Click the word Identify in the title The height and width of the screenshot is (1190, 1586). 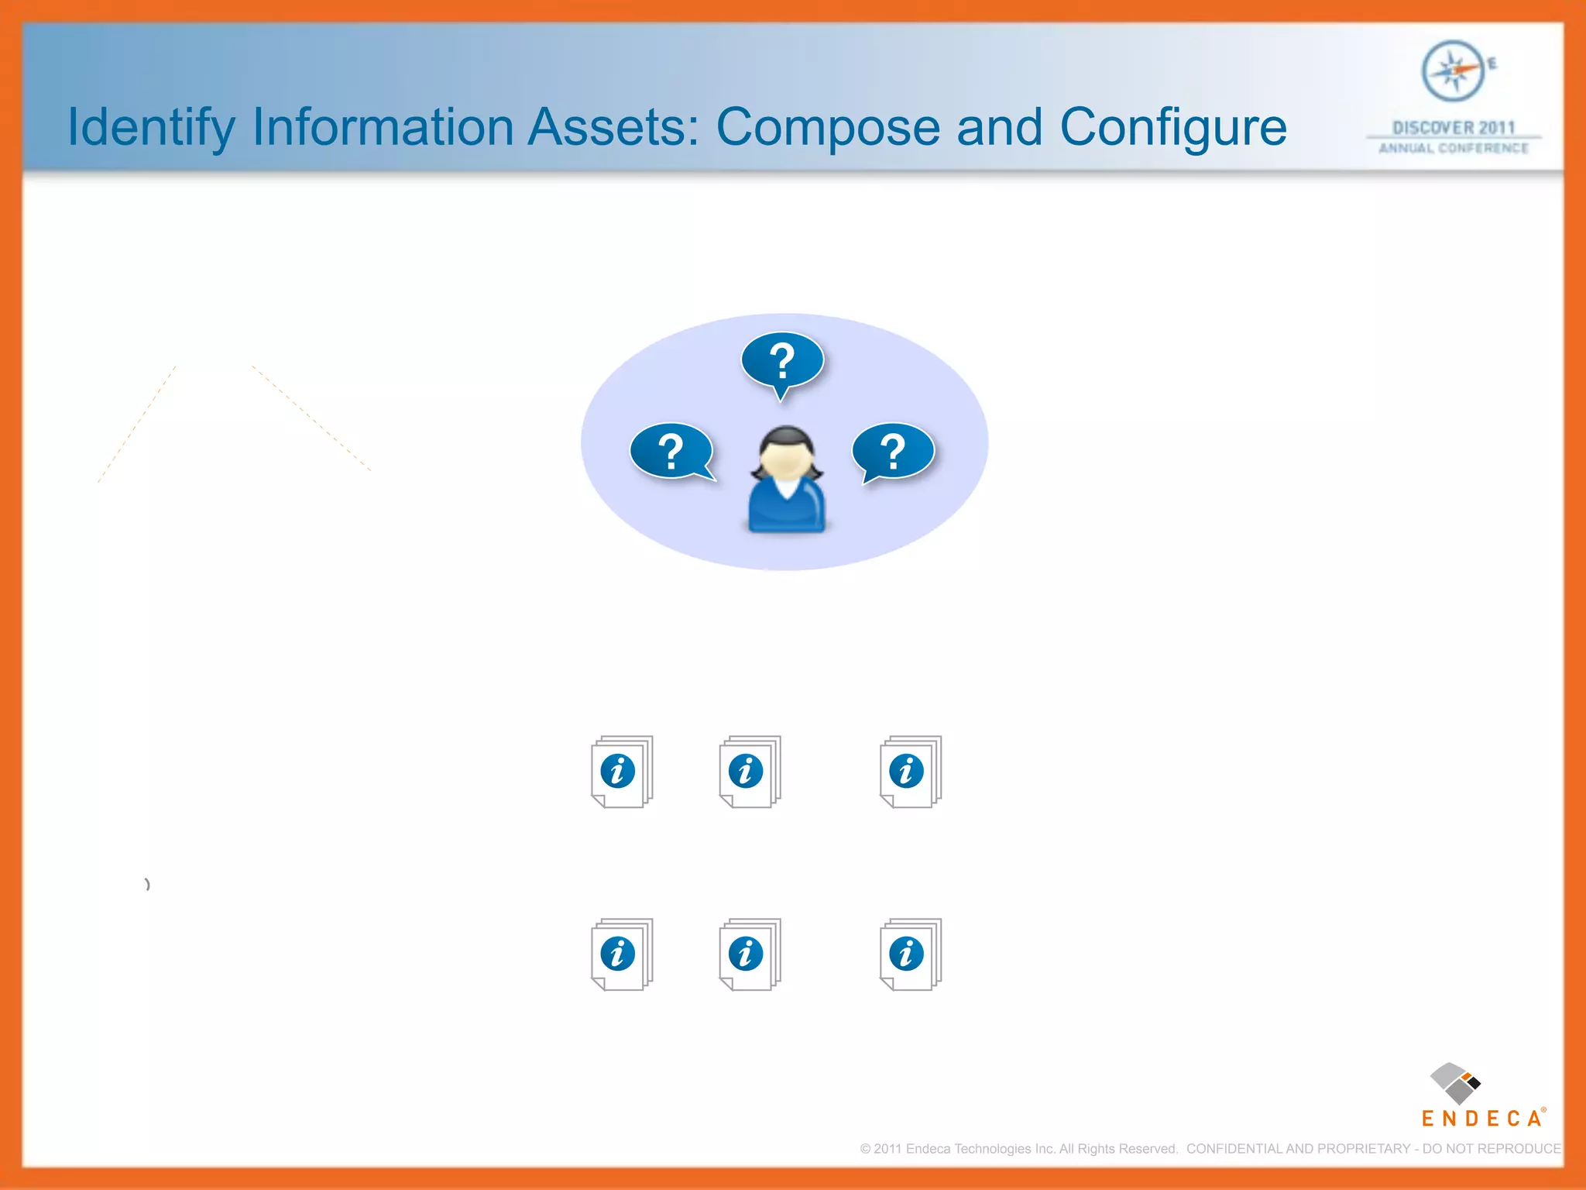pos(151,128)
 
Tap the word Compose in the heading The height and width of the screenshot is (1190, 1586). pos(827,128)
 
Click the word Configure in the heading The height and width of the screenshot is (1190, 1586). pos(1172,128)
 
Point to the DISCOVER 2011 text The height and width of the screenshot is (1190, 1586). pos(1454,128)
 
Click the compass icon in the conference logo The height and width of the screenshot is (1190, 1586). pos(1453,71)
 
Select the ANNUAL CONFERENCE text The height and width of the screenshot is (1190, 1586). pos(1454,148)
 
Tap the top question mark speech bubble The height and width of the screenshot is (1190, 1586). pos(782,361)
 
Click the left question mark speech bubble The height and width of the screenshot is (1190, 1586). pos(671,451)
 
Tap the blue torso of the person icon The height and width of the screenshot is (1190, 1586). pos(786,507)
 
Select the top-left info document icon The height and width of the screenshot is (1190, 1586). pos(621,772)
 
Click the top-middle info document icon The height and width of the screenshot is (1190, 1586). pos(749,772)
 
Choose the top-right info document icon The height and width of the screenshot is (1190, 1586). pos(910,772)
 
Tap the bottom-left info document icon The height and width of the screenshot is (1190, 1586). pos(621,954)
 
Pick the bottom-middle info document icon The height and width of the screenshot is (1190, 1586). pos(749,954)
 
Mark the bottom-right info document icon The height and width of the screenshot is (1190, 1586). pos(910,954)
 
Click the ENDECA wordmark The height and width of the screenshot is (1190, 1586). pos(1481,1119)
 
